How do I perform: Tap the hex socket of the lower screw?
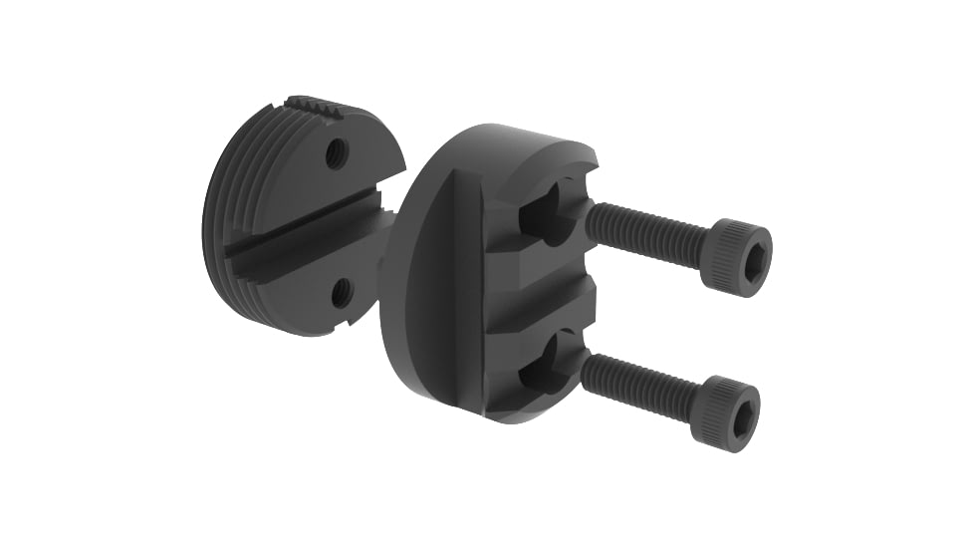[x=742, y=418]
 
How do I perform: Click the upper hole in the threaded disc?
[x=337, y=152]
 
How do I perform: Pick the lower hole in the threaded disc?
[x=342, y=292]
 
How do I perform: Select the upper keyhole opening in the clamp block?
[x=543, y=210]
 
